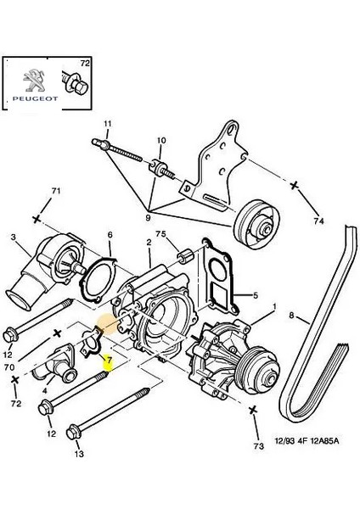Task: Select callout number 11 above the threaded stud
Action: (x=107, y=125)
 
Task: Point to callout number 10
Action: (x=161, y=140)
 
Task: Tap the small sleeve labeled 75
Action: (x=180, y=254)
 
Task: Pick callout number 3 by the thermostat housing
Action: (x=14, y=239)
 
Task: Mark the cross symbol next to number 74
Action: (x=295, y=184)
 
